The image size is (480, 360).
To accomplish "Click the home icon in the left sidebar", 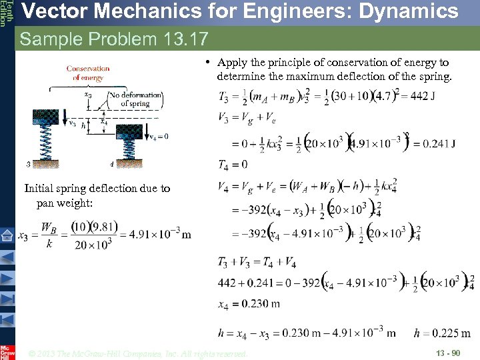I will [x=7, y=235].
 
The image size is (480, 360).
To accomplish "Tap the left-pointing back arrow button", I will [x=7, y=257].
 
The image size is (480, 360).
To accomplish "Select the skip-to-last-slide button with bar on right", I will [x=7, y=300].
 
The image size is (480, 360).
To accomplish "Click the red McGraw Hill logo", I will [x=7, y=351].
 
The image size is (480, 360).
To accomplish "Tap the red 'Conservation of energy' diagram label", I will [x=88, y=73].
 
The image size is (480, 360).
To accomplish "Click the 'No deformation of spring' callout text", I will [x=135, y=99].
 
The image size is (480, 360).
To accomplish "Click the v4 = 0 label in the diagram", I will [x=158, y=136].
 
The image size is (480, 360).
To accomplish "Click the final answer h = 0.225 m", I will [x=442, y=333].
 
